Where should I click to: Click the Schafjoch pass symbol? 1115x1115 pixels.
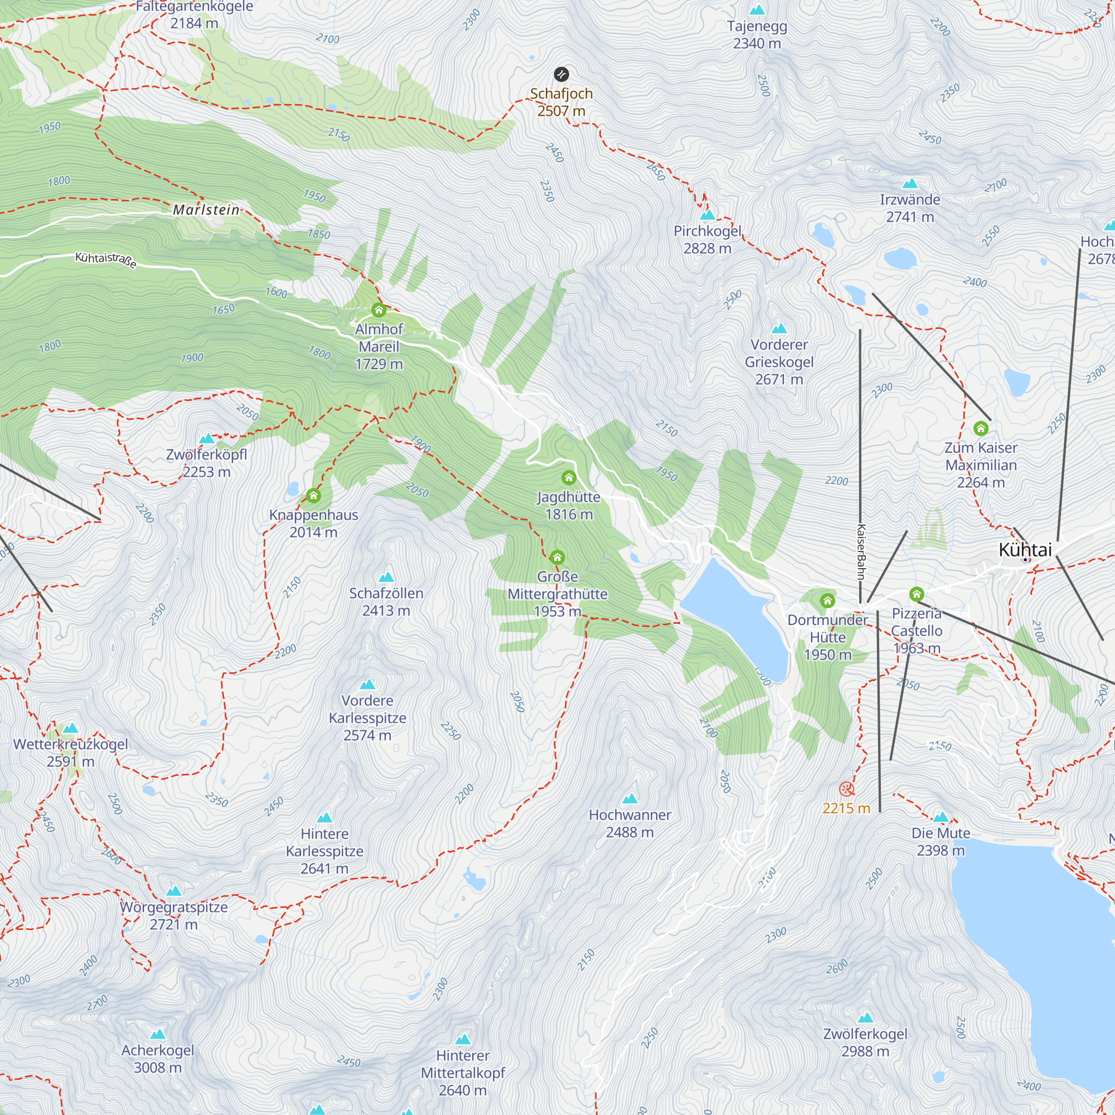coord(561,74)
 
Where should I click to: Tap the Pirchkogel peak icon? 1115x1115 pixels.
coord(707,215)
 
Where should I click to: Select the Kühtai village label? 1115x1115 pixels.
coord(1025,550)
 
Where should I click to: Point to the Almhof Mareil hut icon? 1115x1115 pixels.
coord(379,311)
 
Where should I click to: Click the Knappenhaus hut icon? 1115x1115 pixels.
coord(313,496)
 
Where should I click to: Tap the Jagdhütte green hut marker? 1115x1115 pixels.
coord(569,478)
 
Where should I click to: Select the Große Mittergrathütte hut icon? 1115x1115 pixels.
coord(557,557)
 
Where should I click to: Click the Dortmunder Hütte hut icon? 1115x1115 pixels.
coord(827,601)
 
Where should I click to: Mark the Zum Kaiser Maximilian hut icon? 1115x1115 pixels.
coord(981,428)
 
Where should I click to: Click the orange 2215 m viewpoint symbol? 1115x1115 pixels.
coord(846,789)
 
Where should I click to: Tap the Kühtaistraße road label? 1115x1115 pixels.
coord(106,260)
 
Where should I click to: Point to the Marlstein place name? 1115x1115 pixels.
coord(206,210)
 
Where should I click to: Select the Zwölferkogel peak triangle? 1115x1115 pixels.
coord(865,1017)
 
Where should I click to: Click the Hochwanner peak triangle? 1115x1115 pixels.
coord(629,799)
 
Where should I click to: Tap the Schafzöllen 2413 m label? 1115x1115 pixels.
coord(386,602)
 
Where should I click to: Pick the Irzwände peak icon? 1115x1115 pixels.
coord(910,183)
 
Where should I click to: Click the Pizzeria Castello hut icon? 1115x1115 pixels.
coord(917,594)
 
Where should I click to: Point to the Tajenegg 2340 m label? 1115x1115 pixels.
coord(757,35)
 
